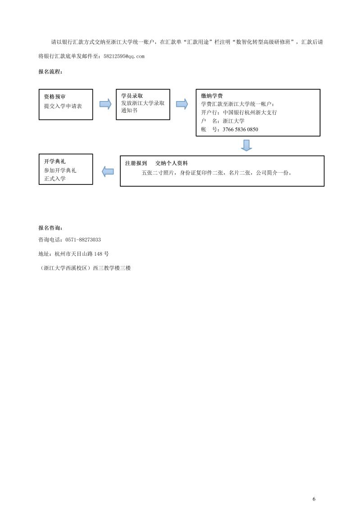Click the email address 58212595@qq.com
pos(124,56)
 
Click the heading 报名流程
pos(50,72)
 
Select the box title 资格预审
pos(55,97)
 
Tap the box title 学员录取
pos(132,96)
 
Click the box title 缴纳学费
pos(212,96)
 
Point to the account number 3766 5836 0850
pos(241,129)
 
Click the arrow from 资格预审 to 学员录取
pos(105,104)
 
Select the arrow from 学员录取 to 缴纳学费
pos(182,104)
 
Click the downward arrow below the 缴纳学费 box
pos(246,145)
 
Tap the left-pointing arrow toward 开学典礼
pos(108,171)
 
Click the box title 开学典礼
pos(55,161)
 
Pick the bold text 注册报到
pos(136,163)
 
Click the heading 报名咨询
pos(50,228)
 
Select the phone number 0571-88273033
pos(83,240)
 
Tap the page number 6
pos(314,499)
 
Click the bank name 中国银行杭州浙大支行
pos(250,113)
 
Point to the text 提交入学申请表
pos(63,106)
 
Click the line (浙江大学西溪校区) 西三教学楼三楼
pos(84,268)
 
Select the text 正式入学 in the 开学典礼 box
pos(55,179)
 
